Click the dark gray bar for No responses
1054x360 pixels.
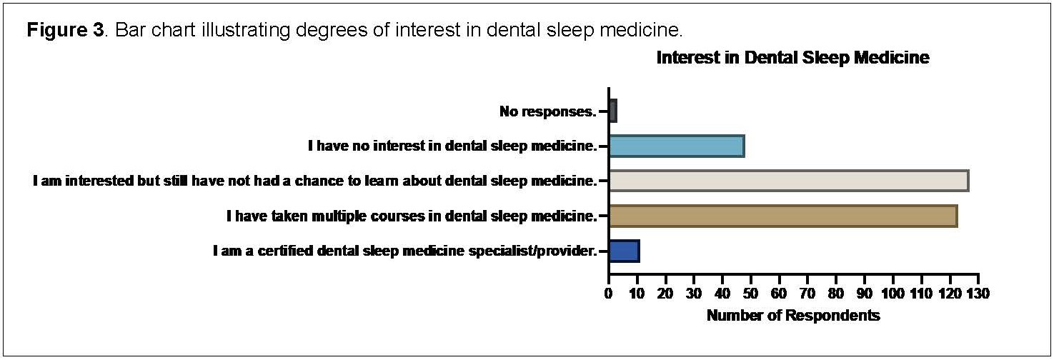(x=613, y=111)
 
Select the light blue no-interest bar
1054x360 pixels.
(x=677, y=146)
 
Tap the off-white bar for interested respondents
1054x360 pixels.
(x=789, y=181)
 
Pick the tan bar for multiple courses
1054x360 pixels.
(x=783, y=216)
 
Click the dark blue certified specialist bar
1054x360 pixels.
(x=625, y=251)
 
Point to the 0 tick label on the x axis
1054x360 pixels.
(x=608, y=294)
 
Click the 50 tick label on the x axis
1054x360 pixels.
(x=750, y=294)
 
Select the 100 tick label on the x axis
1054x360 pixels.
(x=893, y=294)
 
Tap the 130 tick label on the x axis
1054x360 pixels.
(x=978, y=294)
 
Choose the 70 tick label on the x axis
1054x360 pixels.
(x=807, y=294)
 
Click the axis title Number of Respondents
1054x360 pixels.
(x=793, y=315)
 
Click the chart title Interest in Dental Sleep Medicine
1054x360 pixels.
(x=793, y=58)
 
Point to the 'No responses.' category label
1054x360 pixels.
(x=547, y=111)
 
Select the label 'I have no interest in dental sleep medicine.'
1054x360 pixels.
(x=452, y=146)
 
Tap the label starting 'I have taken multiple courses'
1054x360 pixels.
(x=412, y=216)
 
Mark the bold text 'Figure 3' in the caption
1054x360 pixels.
(x=66, y=30)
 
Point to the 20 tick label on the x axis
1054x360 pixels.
(x=665, y=294)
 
